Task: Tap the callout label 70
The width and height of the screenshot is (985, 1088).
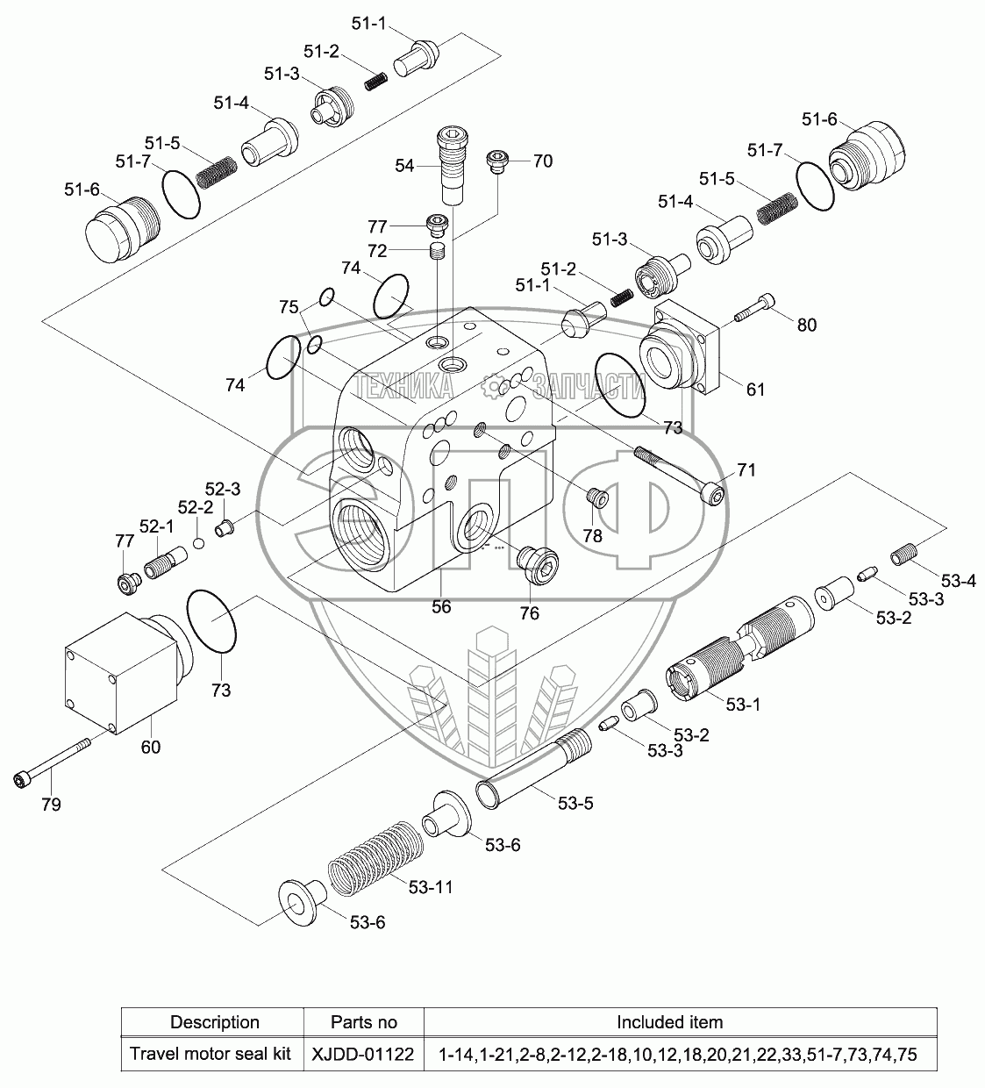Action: pos(543,161)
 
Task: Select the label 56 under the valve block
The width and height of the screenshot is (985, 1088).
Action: pos(441,606)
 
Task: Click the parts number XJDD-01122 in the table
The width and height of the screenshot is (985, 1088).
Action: pos(363,1054)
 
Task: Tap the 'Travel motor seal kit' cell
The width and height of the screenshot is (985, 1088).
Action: pos(211,1054)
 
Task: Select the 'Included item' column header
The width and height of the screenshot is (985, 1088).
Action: pos(669,1021)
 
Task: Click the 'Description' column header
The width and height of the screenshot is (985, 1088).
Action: pos(215,1022)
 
